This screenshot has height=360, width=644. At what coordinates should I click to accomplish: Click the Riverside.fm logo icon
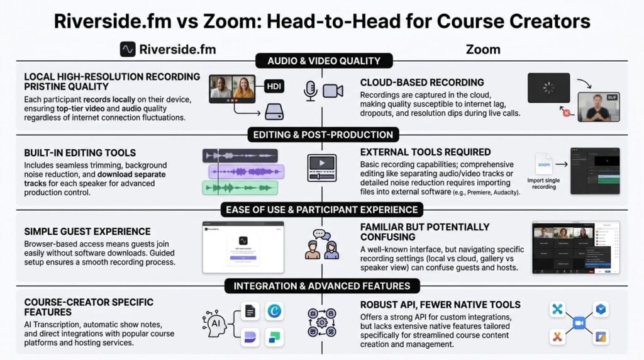click(x=128, y=49)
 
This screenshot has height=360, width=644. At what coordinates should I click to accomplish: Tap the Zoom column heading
click(x=484, y=49)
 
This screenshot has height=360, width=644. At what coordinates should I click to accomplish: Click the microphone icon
click(x=310, y=91)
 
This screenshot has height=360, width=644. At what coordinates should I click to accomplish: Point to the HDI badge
click(x=274, y=87)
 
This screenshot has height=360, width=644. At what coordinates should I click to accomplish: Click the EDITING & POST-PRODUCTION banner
click(x=323, y=135)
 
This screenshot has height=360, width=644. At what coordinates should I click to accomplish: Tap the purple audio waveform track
click(x=247, y=172)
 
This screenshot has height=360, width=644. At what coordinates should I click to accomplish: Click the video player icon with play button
click(x=321, y=167)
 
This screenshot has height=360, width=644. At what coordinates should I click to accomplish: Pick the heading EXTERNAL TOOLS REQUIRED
click(x=426, y=152)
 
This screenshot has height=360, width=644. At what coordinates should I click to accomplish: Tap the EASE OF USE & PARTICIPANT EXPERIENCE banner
click(x=323, y=210)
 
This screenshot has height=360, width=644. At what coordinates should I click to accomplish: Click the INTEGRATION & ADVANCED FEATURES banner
click(x=322, y=286)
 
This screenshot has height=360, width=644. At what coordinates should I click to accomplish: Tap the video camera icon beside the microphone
click(x=333, y=91)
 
